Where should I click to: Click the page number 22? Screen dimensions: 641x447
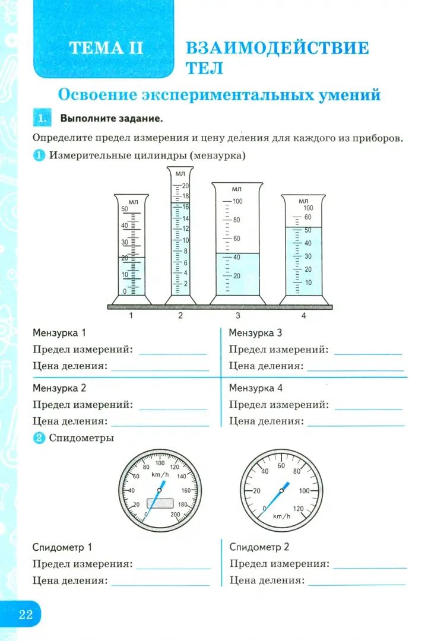25,614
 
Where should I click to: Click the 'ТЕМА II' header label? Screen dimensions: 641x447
106,49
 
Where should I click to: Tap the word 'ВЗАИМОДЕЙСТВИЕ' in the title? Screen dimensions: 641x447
277,48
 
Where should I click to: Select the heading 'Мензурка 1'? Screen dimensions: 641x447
59,332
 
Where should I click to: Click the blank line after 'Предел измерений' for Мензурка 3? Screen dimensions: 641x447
368,353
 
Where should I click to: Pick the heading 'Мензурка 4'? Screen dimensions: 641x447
256,388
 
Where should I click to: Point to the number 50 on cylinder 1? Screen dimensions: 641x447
125,209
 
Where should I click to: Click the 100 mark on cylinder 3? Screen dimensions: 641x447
237,202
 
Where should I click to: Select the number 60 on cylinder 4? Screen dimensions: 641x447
307,217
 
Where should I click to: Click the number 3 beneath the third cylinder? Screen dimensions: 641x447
237,316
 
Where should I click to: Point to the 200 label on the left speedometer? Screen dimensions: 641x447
175,515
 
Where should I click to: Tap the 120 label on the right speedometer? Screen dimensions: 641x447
299,509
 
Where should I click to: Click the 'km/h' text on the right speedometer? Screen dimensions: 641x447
281,516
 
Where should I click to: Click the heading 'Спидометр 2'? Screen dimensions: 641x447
259,547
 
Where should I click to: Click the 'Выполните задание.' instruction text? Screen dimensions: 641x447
111,119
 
